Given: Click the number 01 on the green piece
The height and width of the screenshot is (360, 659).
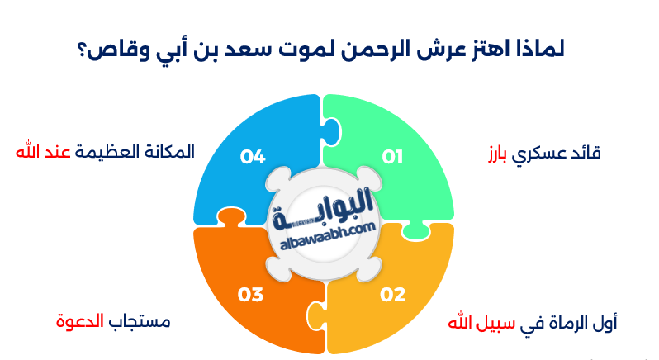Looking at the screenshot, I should [392, 157].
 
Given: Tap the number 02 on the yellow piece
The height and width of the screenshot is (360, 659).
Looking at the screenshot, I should [393, 294].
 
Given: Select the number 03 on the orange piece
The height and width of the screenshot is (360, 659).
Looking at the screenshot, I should [251, 294].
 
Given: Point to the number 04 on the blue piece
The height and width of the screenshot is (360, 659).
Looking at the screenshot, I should [252, 157].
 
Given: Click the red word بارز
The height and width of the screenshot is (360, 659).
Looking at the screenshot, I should [499, 154].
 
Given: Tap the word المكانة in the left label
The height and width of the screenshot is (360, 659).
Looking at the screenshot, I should [169, 153].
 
